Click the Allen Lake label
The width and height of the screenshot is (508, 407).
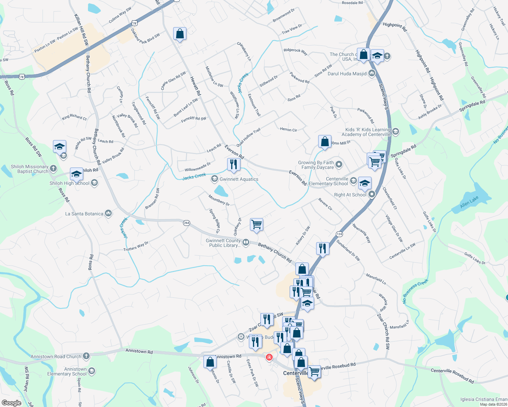(469, 202)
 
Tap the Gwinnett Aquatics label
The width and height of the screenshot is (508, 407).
(239, 179)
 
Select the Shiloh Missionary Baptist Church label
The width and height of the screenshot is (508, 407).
(30, 169)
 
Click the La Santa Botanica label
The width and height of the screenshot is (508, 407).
(84, 214)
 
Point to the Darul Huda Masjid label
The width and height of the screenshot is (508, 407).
(347, 74)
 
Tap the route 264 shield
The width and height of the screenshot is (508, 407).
(186, 223)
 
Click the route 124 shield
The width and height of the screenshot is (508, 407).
(339, 234)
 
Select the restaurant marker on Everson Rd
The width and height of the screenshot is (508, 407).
(234, 164)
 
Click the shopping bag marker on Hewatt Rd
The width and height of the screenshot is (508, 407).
(180, 34)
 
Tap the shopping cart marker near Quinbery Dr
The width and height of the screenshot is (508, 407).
(256, 224)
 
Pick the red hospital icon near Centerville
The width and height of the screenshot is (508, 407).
(269, 357)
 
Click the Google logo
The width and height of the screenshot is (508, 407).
(12, 403)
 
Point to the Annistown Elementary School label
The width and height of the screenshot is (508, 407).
(67, 371)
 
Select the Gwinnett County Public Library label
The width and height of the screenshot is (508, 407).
(223, 243)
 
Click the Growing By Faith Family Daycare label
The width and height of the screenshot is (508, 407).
(316, 165)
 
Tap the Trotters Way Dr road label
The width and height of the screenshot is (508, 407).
(136, 247)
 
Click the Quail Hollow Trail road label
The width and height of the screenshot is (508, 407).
(249, 137)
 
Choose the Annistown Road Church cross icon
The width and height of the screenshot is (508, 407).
(86, 356)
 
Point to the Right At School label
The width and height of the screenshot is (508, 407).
(350, 195)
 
